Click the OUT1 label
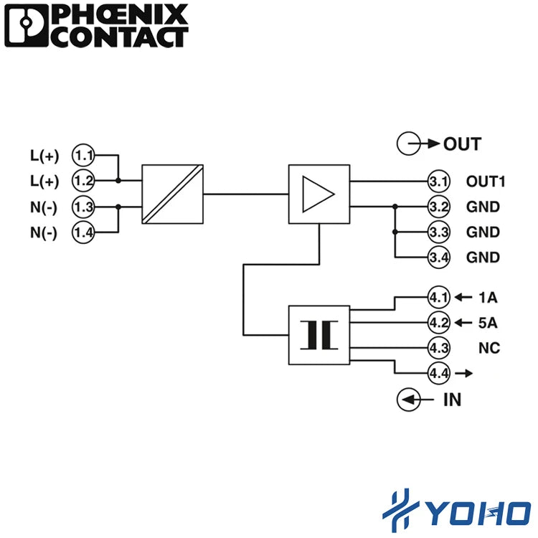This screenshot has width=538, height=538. coord(486,181)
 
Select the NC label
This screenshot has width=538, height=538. coord(489,348)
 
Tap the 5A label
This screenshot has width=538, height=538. coord(488,323)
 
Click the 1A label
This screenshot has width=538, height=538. coord(488,297)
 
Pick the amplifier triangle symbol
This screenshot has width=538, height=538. coord(318,194)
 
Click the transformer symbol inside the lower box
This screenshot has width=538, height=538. coord(319,335)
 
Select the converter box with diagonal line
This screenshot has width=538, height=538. coord(173,194)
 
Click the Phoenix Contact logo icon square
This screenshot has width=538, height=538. coord(27,25)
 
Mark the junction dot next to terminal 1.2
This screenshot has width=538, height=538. coord(118,181)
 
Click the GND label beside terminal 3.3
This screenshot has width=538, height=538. coord(483,232)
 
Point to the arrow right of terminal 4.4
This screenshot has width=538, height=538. coord(464,373)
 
